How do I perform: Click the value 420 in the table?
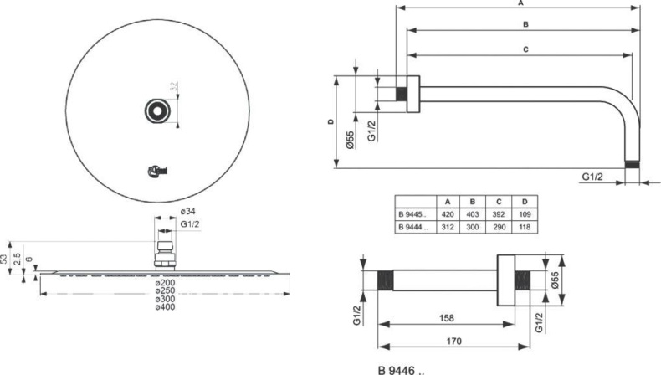click(x=449, y=214)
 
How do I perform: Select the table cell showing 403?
click(x=474, y=214)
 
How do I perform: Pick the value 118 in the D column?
click(x=524, y=227)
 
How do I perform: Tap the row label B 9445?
click(x=414, y=214)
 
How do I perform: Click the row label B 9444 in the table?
click(x=414, y=227)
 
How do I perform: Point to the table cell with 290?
click(x=500, y=227)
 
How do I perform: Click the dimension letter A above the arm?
click(x=521, y=3)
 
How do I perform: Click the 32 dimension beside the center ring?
click(x=174, y=86)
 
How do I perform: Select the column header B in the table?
click(x=474, y=202)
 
